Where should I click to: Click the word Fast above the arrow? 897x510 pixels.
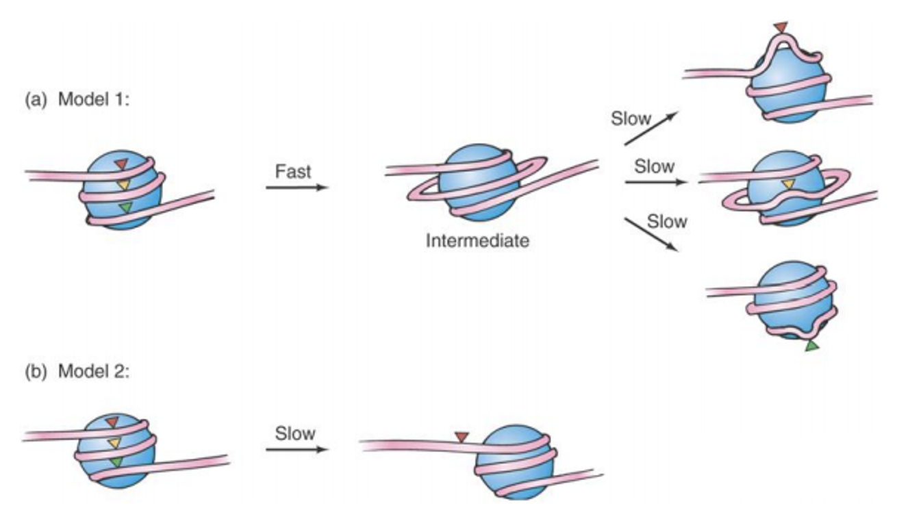pyautogui.click(x=293, y=171)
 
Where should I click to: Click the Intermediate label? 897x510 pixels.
pyautogui.click(x=477, y=241)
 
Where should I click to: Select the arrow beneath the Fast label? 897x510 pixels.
pyautogui.click(x=296, y=187)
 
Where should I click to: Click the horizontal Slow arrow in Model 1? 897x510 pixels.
pyautogui.click(x=655, y=183)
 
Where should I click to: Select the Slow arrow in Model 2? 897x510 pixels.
pyautogui.click(x=296, y=450)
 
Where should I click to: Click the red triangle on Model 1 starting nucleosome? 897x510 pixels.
pyautogui.click(x=121, y=164)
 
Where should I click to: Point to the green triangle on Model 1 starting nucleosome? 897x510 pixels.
pyautogui.click(x=125, y=207)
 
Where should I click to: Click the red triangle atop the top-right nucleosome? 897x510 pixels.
pyautogui.click(x=780, y=27)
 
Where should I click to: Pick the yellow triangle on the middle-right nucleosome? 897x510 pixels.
pyautogui.click(x=788, y=184)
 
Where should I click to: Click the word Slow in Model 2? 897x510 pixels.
pyautogui.click(x=295, y=434)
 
